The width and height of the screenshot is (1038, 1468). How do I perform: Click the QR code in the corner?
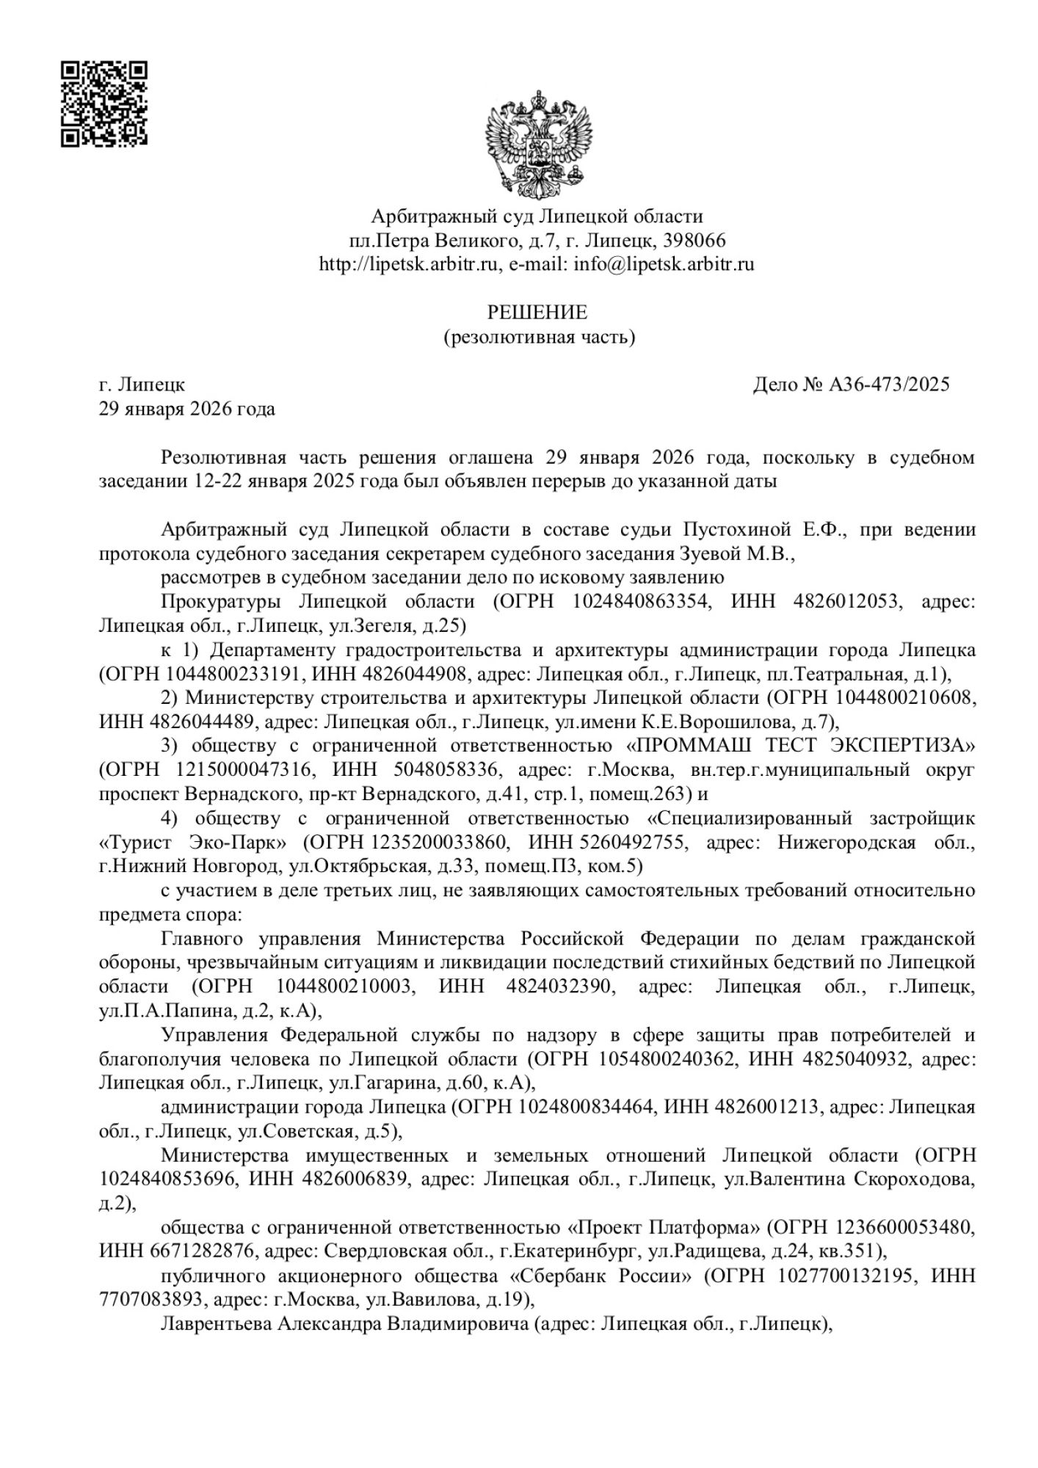coord(104,104)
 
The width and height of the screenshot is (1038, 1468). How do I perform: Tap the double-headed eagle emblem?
coord(538,144)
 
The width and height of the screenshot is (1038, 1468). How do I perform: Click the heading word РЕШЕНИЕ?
coord(538,313)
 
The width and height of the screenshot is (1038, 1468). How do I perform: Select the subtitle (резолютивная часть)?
coord(538,337)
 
